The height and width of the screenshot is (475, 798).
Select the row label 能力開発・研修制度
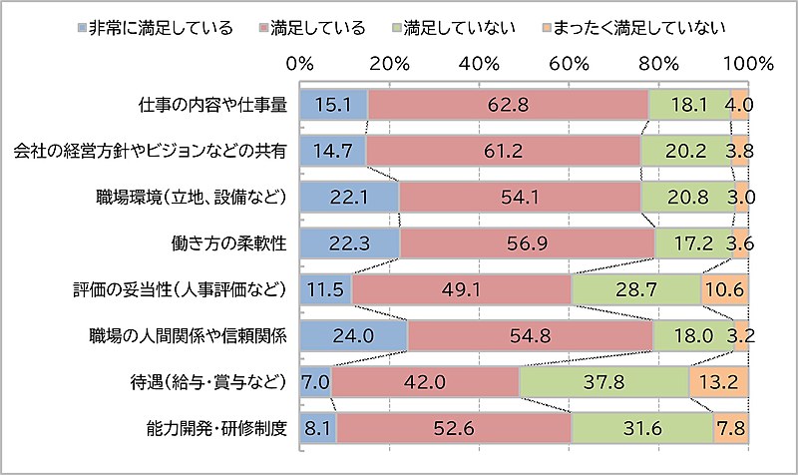pyautogui.click(x=215, y=430)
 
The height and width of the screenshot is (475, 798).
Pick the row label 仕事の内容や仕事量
pyautogui.click(x=213, y=103)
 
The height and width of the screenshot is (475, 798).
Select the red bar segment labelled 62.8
pyautogui.click(x=508, y=103)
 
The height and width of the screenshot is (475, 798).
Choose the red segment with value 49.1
pyautogui.click(x=461, y=290)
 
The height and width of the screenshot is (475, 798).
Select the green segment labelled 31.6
pyautogui.click(x=642, y=430)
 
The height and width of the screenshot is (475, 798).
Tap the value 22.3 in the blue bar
pyautogui.click(x=349, y=242)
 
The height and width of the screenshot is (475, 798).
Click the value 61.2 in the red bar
pyautogui.click(x=503, y=150)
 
